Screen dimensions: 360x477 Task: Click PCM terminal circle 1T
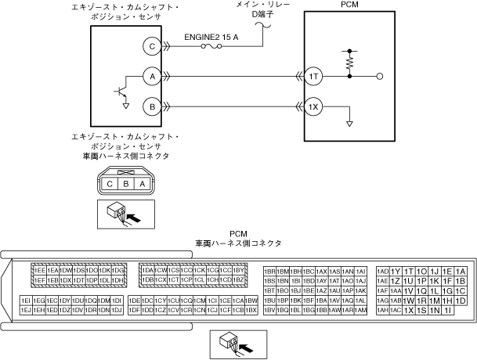313,76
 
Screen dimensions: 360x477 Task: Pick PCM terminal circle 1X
313,106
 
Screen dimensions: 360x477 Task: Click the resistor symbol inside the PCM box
349,59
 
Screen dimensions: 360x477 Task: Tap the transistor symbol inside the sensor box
121,92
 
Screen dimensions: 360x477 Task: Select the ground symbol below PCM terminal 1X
349,123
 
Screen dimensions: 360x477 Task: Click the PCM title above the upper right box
349,5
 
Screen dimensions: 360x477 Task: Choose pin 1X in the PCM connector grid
409,311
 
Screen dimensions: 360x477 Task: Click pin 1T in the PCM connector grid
409,271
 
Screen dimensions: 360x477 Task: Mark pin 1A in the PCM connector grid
461,271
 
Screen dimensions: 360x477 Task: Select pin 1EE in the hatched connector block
38,270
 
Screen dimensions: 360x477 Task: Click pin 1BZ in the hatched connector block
240,280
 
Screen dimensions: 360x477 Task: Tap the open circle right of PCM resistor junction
380,76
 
